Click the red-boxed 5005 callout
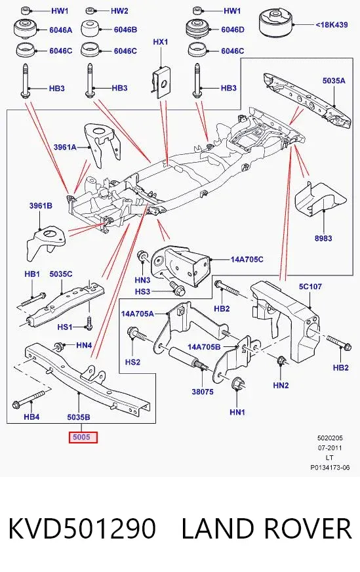[83, 437]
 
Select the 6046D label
[233, 30]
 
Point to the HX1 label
[161, 42]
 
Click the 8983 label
[323, 238]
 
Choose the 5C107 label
[310, 287]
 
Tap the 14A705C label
[247, 259]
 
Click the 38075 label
[203, 392]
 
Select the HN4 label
[84, 345]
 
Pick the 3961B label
[41, 206]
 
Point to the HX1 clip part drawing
[161, 82]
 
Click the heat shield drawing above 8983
[320, 199]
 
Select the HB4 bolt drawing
[28, 399]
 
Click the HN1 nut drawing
[238, 384]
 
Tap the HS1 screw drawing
[89, 323]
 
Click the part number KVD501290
[83, 529]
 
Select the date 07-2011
[330, 447]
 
